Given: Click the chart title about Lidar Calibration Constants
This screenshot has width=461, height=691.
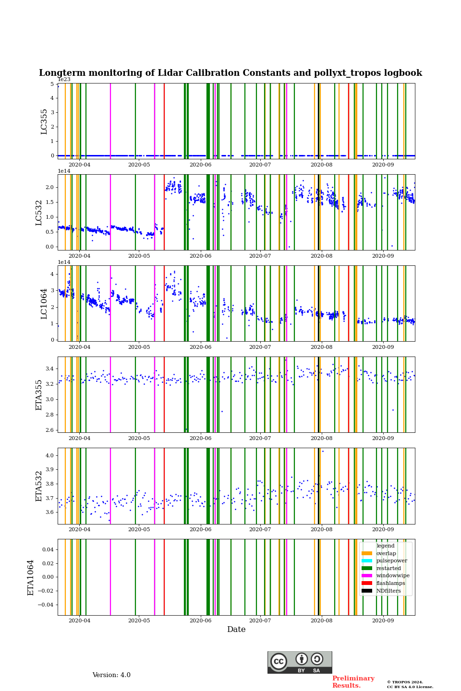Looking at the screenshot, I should (x=230, y=73).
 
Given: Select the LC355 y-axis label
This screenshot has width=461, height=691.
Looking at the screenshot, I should (x=44, y=121).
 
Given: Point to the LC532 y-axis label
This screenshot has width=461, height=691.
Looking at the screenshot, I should (x=39, y=213).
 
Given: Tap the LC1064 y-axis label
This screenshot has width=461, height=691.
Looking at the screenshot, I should (x=44, y=304).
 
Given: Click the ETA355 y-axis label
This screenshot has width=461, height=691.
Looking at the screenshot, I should (x=39, y=395).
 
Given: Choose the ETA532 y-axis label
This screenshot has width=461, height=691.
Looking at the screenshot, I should (x=39, y=486).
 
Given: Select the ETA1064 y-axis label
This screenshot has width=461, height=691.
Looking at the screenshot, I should (x=31, y=577).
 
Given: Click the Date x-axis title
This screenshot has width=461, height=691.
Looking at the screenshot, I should (x=236, y=630).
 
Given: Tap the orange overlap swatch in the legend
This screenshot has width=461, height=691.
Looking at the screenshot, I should (x=367, y=553).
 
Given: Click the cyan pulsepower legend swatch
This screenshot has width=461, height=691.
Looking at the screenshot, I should (x=367, y=560).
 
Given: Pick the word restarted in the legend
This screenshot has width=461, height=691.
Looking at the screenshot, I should (x=388, y=568).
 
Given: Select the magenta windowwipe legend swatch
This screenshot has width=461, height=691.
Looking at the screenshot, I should (x=367, y=575).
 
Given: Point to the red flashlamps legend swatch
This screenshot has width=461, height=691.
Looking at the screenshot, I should (x=367, y=583).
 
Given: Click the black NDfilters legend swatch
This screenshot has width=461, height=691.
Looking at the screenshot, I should (x=367, y=591).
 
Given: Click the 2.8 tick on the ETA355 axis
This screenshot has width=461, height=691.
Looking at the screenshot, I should (x=49, y=415).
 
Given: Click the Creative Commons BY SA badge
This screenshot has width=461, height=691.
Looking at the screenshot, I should (x=300, y=662).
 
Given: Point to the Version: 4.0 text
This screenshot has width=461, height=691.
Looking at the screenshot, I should (x=111, y=675).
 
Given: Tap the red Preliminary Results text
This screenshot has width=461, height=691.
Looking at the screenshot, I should (x=353, y=682).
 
